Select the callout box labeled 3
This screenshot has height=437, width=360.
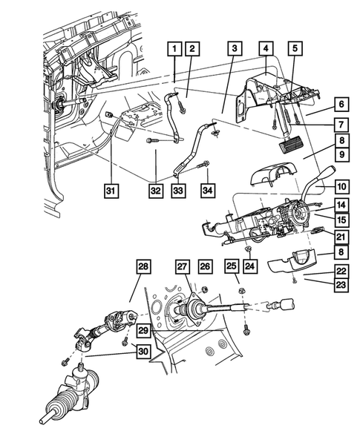click(234, 49)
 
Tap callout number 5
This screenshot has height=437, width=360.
click(295, 49)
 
